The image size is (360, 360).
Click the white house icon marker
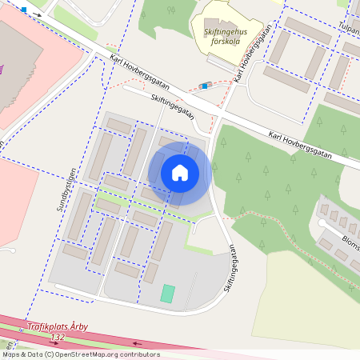180,173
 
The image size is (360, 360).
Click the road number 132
57,338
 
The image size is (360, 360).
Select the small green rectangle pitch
167,294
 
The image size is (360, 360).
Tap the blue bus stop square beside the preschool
204,86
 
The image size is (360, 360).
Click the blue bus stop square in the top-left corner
23,10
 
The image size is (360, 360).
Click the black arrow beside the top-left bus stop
36,15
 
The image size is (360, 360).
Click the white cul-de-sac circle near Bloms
324,213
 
